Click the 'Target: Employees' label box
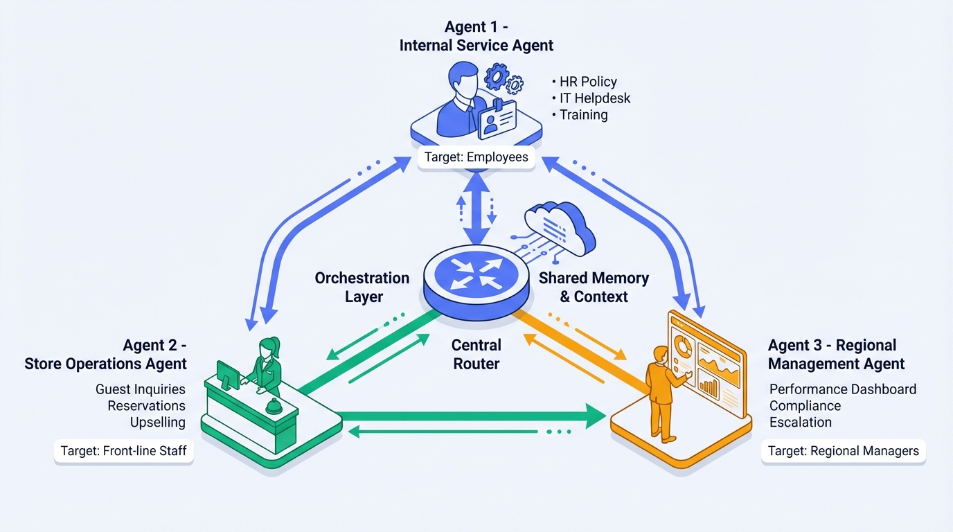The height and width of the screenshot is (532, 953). pyautogui.click(x=476, y=157)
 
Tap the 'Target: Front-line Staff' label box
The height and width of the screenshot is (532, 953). pyautogui.click(x=123, y=451)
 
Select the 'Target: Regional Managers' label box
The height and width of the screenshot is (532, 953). pyautogui.click(x=843, y=451)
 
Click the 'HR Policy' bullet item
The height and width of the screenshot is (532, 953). pyautogui.click(x=587, y=82)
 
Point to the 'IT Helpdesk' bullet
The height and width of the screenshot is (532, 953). pyautogui.click(x=594, y=98)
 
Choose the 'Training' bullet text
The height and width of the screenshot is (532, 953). pyautogui.click(x=583, y=115)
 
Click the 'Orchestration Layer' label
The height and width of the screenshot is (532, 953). pyautogui.click(x=362, y=287)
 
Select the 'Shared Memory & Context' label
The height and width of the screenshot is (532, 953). pyautogui.click(x=594, y=287)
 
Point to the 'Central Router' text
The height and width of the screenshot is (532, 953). pyautogui.click(x=476, y=353)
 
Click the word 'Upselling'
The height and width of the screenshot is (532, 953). pyautogui.click(x=158, y=423)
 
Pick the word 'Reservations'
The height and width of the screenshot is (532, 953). pyautogui.click(x=146, y=406)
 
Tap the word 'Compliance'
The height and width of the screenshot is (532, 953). pyautogui.click(x=805, y=406)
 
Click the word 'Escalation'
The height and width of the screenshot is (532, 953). pyautogui.click(x=801, y=423)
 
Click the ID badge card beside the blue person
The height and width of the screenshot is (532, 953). pyautogui.click(x=497, y=119)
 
